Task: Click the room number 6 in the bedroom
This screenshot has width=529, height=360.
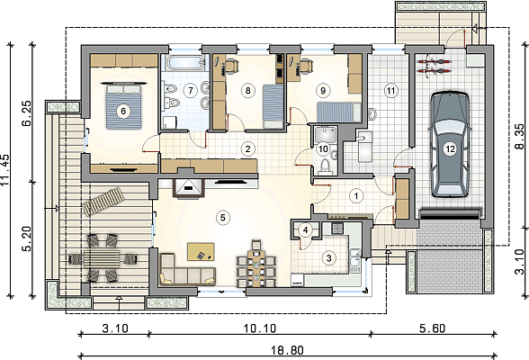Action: [x=123, y=111]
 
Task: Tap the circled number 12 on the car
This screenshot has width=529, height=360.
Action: [x=450, y=148]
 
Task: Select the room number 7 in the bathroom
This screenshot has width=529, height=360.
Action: [x=191, y=90]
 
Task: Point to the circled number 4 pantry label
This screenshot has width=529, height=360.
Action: [x=305, y=230]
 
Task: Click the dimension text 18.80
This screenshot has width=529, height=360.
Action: [x=288, y=351]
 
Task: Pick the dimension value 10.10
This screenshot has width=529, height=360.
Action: [x=260, y=328]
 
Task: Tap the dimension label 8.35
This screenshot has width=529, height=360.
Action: [x=520, y=137]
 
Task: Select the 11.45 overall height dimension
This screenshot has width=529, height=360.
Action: [x=5, y=170]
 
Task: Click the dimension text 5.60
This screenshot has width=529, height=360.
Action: [x=433, y=328]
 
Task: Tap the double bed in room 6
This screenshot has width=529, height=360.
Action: [x=123, y=106]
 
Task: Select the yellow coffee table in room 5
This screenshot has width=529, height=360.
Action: [x=201, y=252]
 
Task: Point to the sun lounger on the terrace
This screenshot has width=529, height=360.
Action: [x=103, y=202]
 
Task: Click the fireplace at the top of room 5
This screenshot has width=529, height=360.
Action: [x=188, y=188]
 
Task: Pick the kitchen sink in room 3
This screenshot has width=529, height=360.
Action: [x=355, y=260]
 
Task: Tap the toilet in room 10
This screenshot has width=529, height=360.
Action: [x=325, y=167]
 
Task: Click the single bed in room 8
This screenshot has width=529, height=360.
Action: [x=273, y=106]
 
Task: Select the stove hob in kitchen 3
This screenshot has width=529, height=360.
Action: [x=337, y=229]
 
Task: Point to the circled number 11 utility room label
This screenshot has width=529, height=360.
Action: [x=390, y=90]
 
